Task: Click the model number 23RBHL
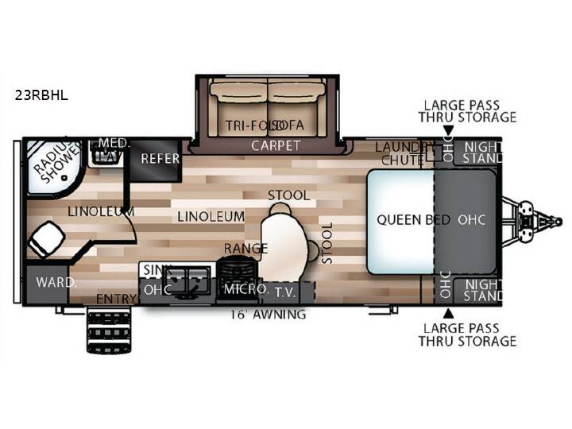tap(41, 95)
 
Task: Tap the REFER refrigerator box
tap(156, 160)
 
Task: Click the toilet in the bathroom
tap(46, 238)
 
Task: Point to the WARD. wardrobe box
tap(48, 284)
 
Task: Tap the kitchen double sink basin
tap(186, 280)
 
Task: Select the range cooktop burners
tap(238, 271)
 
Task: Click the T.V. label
tap(285, 292)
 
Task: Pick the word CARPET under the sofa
tap(276, 146)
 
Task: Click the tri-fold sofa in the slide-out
tap(269, 107)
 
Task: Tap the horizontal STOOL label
tap(289, 195)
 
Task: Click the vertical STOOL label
tap(327, 243)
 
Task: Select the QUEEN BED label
tap(413, 220)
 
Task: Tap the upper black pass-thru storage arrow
tap(449, 130)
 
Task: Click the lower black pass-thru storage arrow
tap(449, 313)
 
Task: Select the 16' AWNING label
tap(269, 314)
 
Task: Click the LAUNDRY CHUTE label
tap(402, 153)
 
